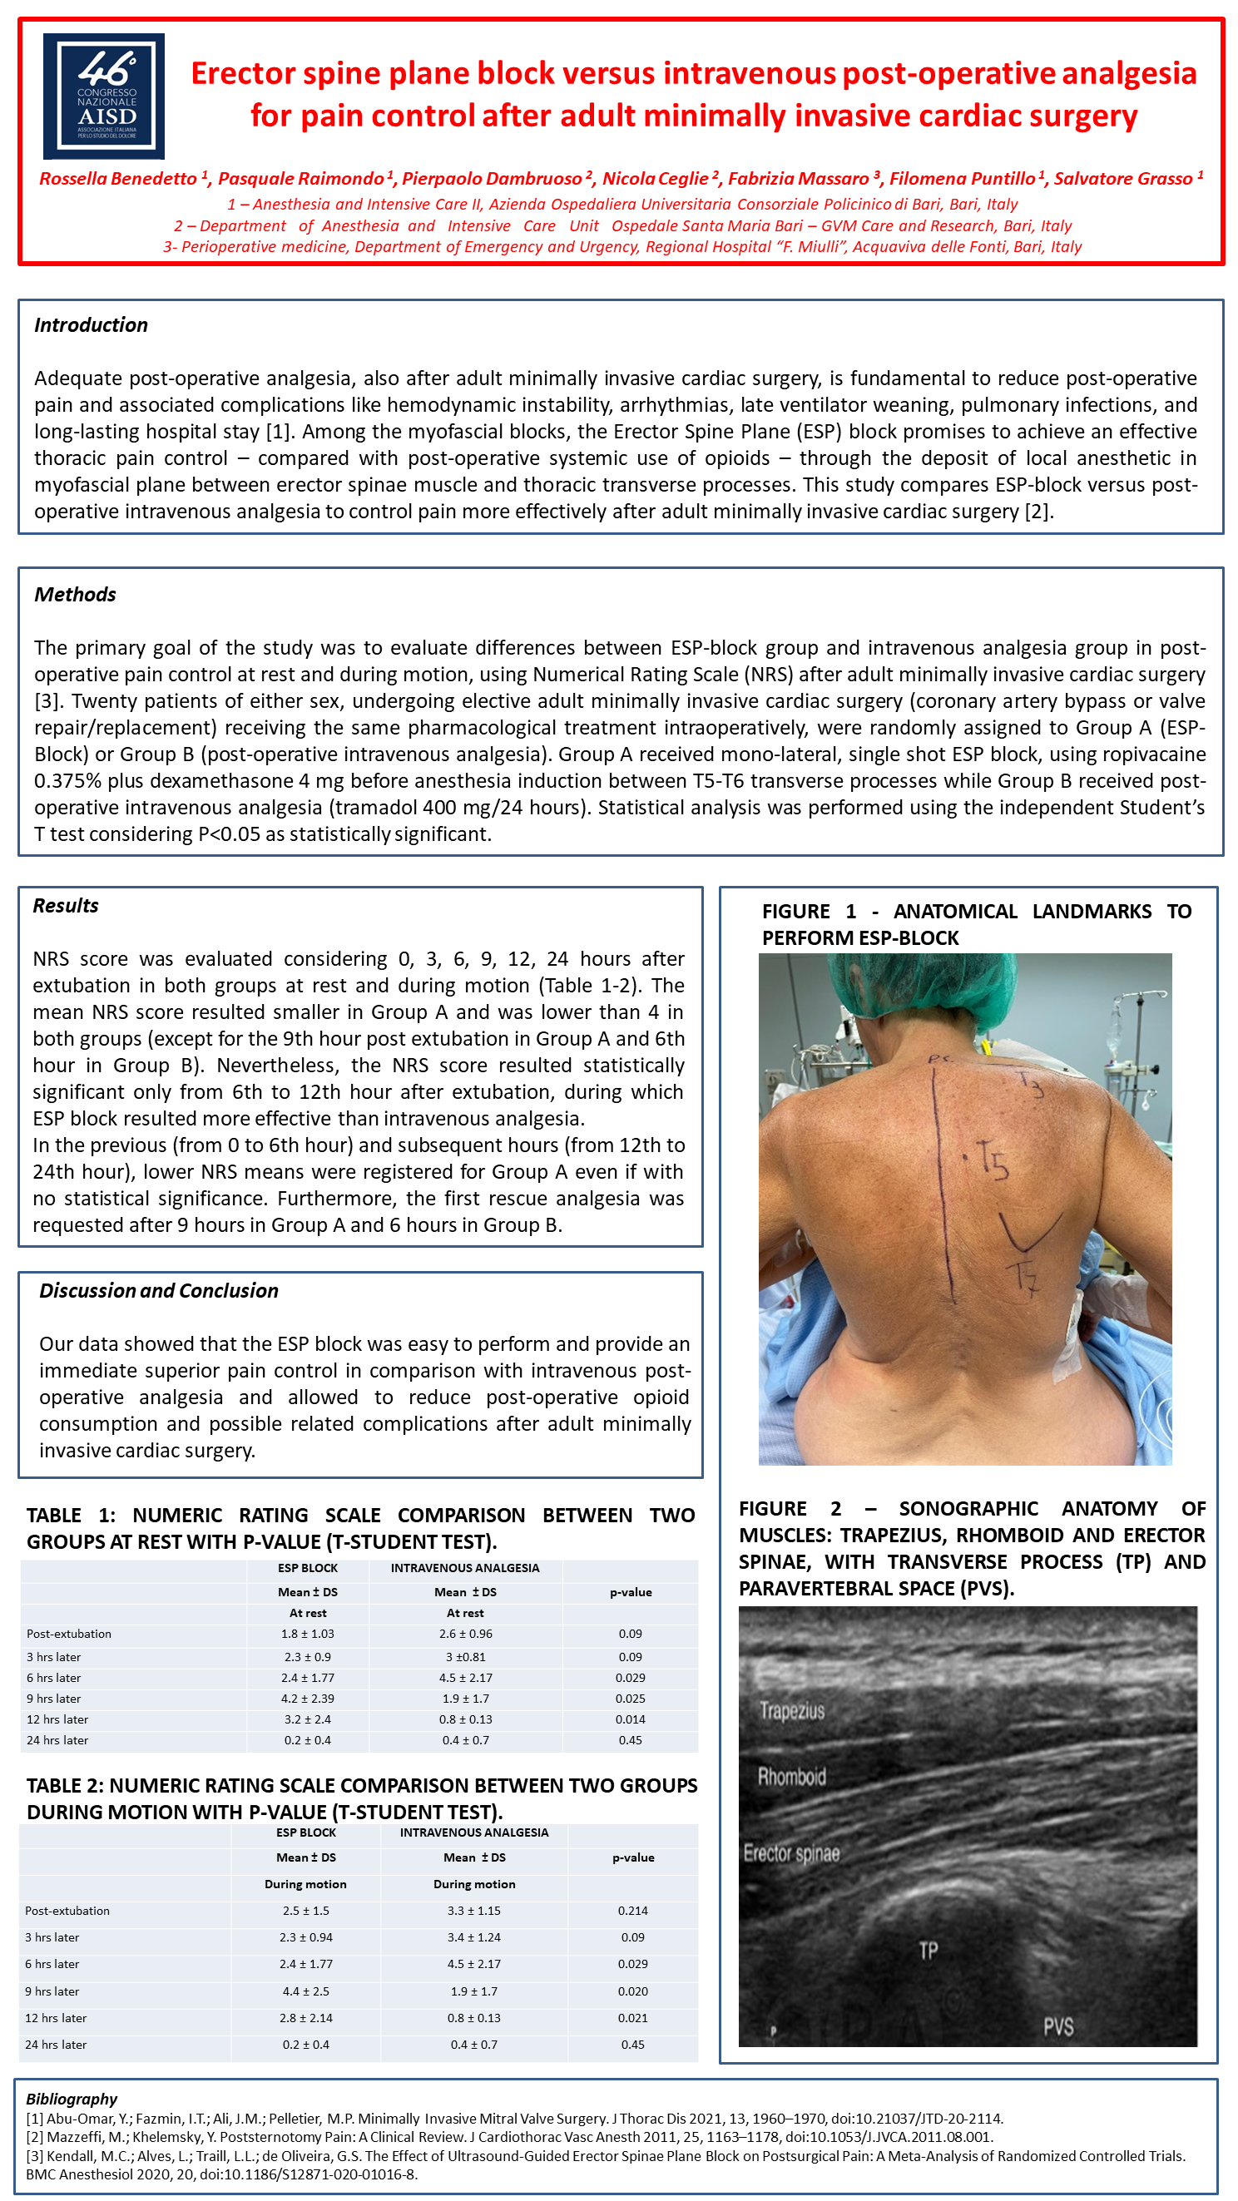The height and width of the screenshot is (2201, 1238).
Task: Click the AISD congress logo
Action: pos(103,96)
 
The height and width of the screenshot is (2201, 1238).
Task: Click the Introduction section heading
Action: pos(91,324)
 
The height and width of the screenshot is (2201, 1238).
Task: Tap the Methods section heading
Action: pos(75,594)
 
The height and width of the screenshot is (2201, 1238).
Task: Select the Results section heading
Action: pos(66,905)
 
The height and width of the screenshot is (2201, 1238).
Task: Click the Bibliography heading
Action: pos(72,2098)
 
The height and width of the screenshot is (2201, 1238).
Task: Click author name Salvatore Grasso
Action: pos(1123,179)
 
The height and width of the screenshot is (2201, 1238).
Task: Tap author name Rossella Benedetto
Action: pos(118,179)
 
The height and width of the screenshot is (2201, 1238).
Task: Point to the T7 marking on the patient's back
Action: pos(1023,1276)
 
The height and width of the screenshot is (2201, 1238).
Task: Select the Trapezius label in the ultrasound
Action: pos(792,1709)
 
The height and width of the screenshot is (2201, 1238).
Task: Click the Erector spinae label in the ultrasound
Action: pos(791,1852)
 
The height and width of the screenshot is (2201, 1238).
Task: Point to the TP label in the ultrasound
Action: pos(928,1950)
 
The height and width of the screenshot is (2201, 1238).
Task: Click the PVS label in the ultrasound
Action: pos(1057,2025)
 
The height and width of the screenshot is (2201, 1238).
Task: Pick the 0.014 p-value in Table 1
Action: pos(630,1719)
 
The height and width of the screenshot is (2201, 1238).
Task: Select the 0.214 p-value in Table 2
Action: pos(632,1910)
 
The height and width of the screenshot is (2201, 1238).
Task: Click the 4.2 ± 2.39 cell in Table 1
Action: pos(308,1698)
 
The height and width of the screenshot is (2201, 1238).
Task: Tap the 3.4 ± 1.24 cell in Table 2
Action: pos(474,1936)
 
